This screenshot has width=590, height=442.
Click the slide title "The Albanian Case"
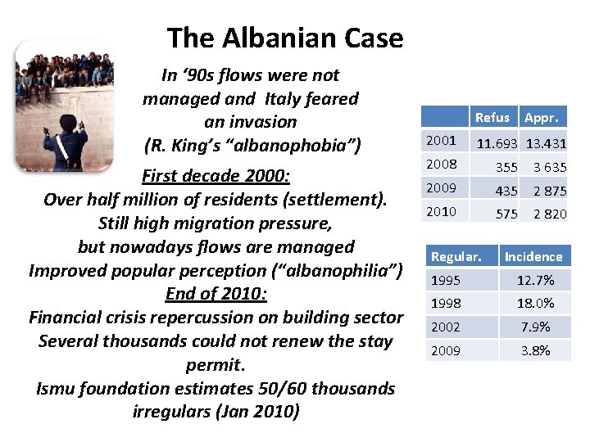(284, 38)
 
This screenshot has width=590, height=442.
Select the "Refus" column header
(492, 117)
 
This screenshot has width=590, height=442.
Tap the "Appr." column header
(542, 117)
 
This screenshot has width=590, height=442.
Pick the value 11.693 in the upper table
(497, 143)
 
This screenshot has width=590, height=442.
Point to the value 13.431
(546, 143)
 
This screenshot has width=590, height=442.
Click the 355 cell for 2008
(506, 167)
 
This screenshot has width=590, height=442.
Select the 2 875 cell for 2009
(550, 191)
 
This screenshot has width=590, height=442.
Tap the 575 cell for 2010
(506, 214)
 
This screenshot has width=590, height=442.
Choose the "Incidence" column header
(533, 257)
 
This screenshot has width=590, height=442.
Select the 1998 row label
(446, 303)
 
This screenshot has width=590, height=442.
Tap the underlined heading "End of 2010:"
(216, 294)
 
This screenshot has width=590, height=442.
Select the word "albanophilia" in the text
(335, 270)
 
